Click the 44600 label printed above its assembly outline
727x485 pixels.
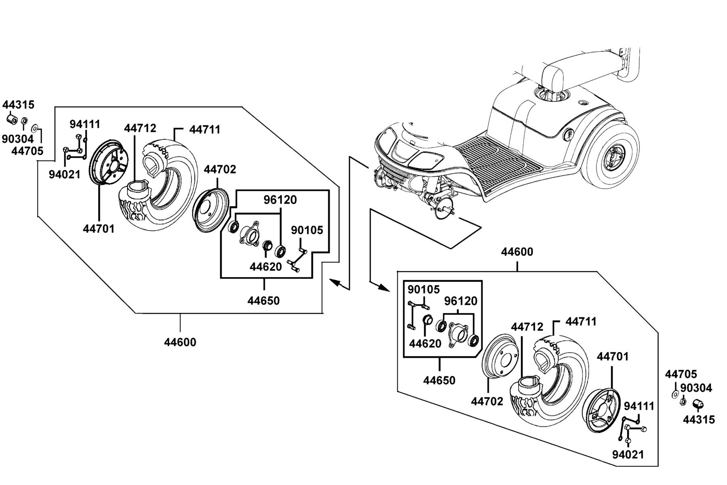pyautogui.click(x=517, y=252)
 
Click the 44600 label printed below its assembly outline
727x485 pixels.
pyautogui.click(x=180, y=342)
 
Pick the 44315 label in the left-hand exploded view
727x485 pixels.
pyautogui.click(x=19, y=105)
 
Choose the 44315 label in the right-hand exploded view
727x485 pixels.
pyautogui.click(x=699, y=420)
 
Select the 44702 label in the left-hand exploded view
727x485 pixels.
pyautogui.click(x=220, y=169)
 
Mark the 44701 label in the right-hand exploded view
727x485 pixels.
pyautogui.click(x=613, y=357)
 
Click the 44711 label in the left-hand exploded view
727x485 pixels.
pyautogui.click(x=205, y=130)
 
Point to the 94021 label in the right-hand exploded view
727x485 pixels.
pyautogui.click(x=628, y=455)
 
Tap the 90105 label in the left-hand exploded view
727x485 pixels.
pyautogui.click(x=307, y=230)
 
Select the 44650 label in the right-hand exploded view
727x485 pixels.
pyautogui.click(x=439, y=380)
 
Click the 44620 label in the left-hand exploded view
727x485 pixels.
pyautogui.click(x=266, y=267)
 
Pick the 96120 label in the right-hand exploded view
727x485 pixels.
pyautogui.click(x=461, y=301)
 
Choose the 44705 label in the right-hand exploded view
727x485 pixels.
pyautogui.click(x=681, y=375)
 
